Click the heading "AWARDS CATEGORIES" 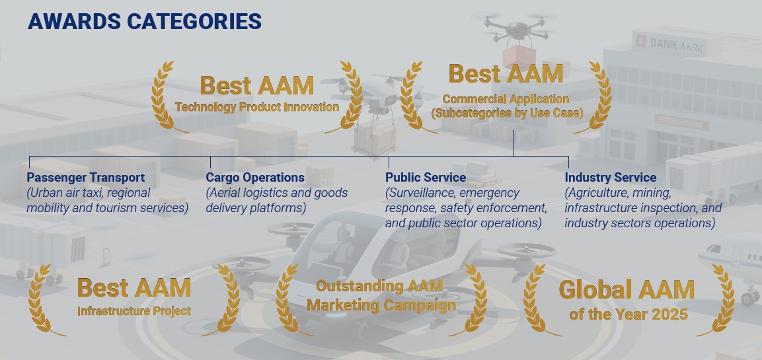point(145,22)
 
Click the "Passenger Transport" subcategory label point(85,177)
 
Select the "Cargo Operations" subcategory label point(255,177)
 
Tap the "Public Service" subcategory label point(426,177)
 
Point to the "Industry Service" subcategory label point(611,177)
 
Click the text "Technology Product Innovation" point(257,108)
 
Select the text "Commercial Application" point(506,99)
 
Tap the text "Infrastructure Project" point(134,311)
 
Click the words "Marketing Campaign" point(381,306)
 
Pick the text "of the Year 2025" point(629,314)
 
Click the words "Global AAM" point(627,290)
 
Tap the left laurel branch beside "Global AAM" point(539,301)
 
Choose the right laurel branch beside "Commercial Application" point(596,97)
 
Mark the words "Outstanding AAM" point(379,285)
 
